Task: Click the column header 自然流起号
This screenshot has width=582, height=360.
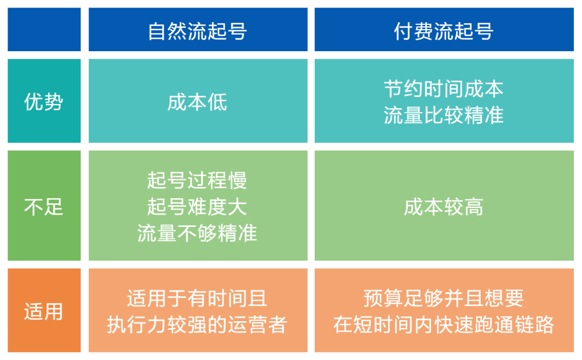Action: click(197, 31)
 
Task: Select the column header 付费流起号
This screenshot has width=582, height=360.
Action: click(444, 31)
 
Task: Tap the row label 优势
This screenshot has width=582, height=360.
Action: click(44, 101)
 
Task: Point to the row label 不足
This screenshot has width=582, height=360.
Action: click(44, 206)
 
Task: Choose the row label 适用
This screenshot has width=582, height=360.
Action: click(44, 311)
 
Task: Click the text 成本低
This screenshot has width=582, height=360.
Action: click(197, 102)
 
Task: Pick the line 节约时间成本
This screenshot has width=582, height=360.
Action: click(444, 89)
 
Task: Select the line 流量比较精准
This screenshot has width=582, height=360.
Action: click(444, 115)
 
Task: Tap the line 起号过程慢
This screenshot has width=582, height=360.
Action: click(197, 181)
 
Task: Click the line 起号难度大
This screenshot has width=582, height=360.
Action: click(197, 206)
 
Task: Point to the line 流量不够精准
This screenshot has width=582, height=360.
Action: click(197, 233)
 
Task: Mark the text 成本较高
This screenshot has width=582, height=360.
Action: click(444, 206)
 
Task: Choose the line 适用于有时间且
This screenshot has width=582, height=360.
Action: click(197, 299)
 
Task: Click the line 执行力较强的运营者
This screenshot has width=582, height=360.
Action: click(197, 324)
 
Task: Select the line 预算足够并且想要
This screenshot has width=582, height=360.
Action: click(444, 299)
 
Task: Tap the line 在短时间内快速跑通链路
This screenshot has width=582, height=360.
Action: click(444, 324)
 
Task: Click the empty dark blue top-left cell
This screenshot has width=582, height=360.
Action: click(44, 30)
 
